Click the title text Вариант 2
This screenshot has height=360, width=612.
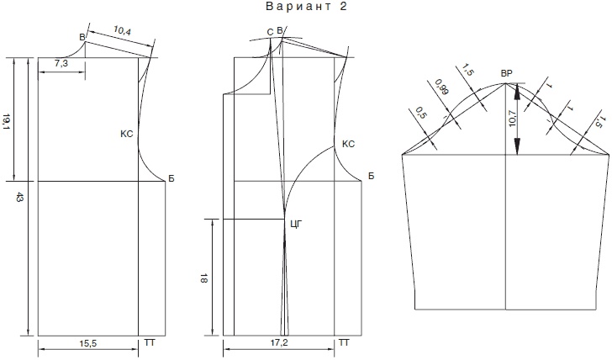[x=306, y=7]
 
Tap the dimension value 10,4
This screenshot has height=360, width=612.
[x=122, y=30]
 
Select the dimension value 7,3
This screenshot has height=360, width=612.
[x=61, y=63]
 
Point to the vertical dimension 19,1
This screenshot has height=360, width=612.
[x=7, y=122]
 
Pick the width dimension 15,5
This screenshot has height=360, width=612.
[x=87, y=344]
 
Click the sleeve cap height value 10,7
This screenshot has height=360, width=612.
[x=513, y=119]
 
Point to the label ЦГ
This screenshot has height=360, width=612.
[x=297, y=224]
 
